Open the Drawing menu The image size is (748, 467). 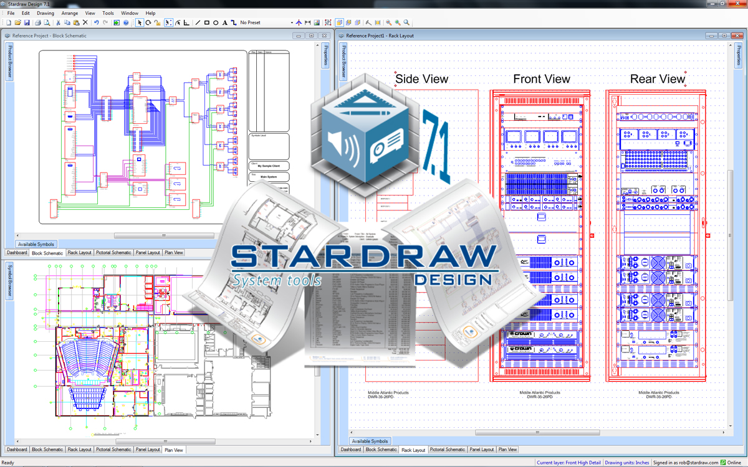pos(46,13)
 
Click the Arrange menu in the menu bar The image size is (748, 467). pos(70,13)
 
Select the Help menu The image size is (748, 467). pos(150,13)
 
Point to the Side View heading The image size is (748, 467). pos(422,79)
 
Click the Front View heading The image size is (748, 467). pos(542,79)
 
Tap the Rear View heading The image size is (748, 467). pos(658,79)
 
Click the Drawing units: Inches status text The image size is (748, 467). pos(627,463)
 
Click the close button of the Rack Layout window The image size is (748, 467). pos(736,36)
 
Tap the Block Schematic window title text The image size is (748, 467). pos(49,36)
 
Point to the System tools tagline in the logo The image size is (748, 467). pos(277,281)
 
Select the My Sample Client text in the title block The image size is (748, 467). pos(269,166)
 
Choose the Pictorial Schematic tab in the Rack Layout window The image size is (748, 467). pos(447,450)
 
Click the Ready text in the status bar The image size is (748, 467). pos(9,463)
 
